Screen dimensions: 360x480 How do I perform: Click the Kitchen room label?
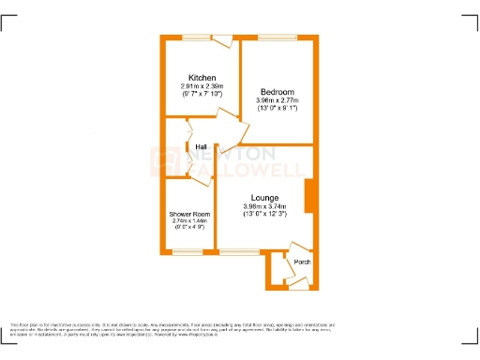(202, 77)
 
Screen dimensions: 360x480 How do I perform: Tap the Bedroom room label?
(277, 92)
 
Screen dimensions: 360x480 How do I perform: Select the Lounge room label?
(264, 198)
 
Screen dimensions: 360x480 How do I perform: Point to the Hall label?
(202, 147)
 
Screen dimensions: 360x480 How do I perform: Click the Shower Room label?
(189, 215)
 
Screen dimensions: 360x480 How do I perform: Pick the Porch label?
(302, 262)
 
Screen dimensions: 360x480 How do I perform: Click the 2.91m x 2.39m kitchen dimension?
(202, 86)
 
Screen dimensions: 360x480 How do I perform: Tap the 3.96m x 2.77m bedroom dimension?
(277, 101)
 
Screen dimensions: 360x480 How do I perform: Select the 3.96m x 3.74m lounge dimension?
(264, 206)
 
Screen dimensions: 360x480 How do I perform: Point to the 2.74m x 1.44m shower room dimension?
(189, 221)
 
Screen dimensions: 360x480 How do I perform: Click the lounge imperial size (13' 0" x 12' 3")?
(264, 215)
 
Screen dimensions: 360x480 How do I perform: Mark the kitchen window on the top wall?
(196, 37)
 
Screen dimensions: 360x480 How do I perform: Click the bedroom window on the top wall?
(277, 37)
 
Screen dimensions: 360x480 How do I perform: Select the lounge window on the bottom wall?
(239, 251)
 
